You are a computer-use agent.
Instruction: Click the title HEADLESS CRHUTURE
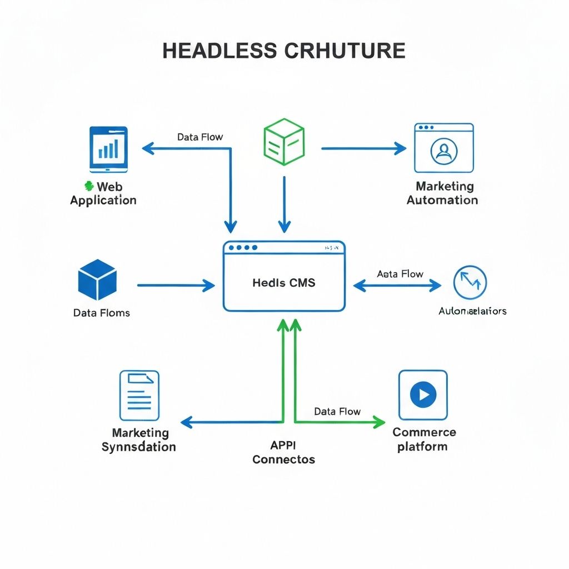tap(283, 51)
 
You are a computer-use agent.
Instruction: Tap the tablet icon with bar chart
tap(108, 148)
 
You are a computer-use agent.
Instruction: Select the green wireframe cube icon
tap(283, 141)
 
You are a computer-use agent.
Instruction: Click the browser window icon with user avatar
tap(443, 148)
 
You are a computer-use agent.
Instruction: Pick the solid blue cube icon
tap(97, 279)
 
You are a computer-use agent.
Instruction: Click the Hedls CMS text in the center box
tap(283, 283)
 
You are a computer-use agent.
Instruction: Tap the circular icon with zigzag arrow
tap(470, 282)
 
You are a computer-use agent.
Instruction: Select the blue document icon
tap(139, 395)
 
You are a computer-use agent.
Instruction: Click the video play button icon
tap(423, 395)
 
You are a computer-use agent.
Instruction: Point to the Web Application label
tap(103, 193)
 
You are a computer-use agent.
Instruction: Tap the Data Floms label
tap(101, 313)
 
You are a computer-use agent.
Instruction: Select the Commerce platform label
tap(424, 440)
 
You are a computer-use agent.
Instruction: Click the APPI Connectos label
tap(283, 452)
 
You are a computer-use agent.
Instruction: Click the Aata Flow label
tap(400, 274)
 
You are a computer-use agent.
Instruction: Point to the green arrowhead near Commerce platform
tap(380, 422)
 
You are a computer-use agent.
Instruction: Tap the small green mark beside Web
tap(87, 186)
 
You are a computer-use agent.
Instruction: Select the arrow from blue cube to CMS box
tap(176, 286)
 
